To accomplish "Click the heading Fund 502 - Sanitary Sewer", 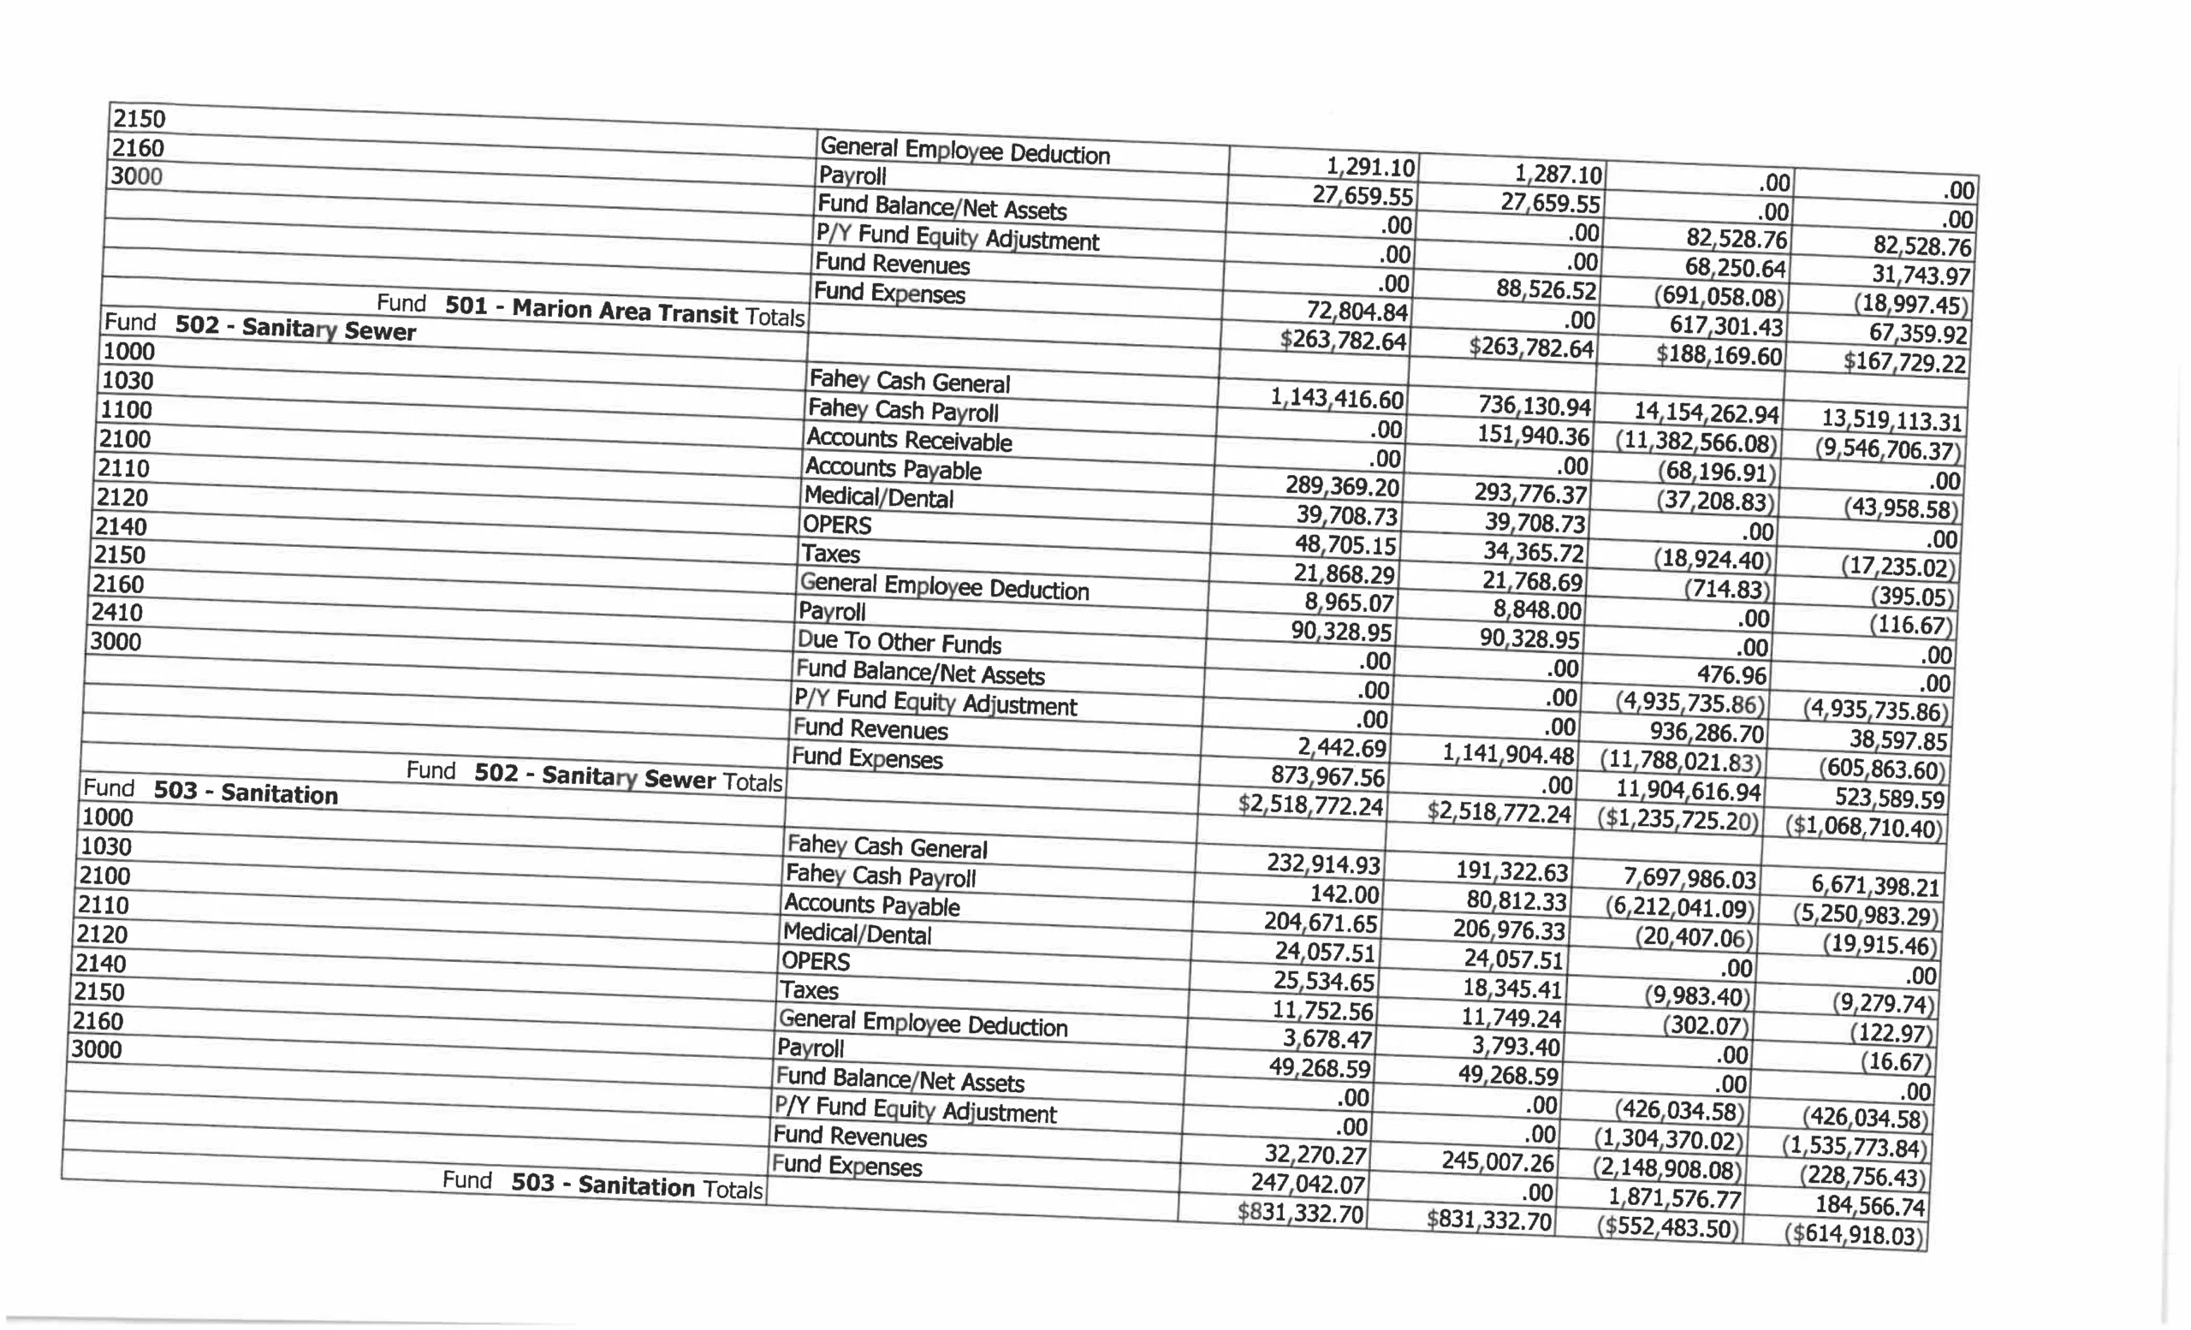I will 259,326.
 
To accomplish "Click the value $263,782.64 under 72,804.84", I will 1343,341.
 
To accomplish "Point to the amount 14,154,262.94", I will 1707,413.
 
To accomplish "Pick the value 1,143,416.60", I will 1337,398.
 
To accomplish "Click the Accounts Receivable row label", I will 909,440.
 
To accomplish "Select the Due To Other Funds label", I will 899,642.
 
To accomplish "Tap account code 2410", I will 116,613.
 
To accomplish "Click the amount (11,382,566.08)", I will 1695,442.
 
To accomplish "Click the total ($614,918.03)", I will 1853,1235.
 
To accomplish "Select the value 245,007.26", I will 1498,1162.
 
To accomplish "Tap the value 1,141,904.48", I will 1507,754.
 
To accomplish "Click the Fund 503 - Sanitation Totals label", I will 602,1185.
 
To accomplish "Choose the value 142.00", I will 1344,894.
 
